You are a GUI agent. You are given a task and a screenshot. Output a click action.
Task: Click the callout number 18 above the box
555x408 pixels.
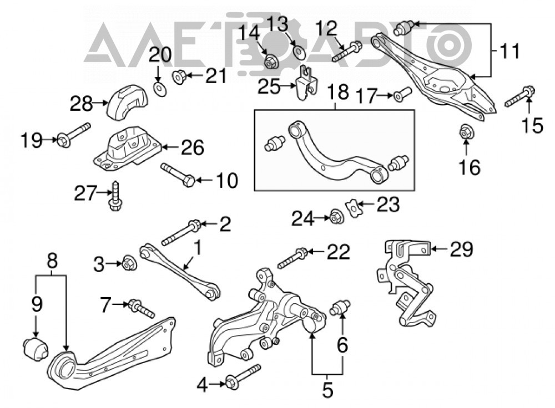tap(337, 92)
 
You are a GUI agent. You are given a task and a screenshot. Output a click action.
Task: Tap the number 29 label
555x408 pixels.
tap(461, 249)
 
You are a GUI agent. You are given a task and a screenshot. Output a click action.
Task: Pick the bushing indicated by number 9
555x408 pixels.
tap(36, 349)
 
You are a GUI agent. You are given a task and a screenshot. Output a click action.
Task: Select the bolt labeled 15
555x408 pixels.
tap(519, 96)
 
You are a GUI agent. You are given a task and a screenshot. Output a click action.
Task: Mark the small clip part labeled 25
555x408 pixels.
tap(305, 83)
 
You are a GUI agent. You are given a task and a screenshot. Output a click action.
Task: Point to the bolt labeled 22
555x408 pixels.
tap(292, 258)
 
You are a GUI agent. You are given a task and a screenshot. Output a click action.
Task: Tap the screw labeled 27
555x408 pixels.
tap(115, 196)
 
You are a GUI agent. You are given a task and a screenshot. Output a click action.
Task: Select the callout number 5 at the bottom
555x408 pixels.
tap(327, 390)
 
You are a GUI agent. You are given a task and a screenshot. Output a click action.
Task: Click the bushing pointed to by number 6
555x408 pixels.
tap(340, 307)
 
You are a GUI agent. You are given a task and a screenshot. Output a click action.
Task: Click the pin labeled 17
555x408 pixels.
tap(402, 94)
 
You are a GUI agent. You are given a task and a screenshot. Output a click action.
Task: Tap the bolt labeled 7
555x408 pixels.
tap(141, 308)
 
